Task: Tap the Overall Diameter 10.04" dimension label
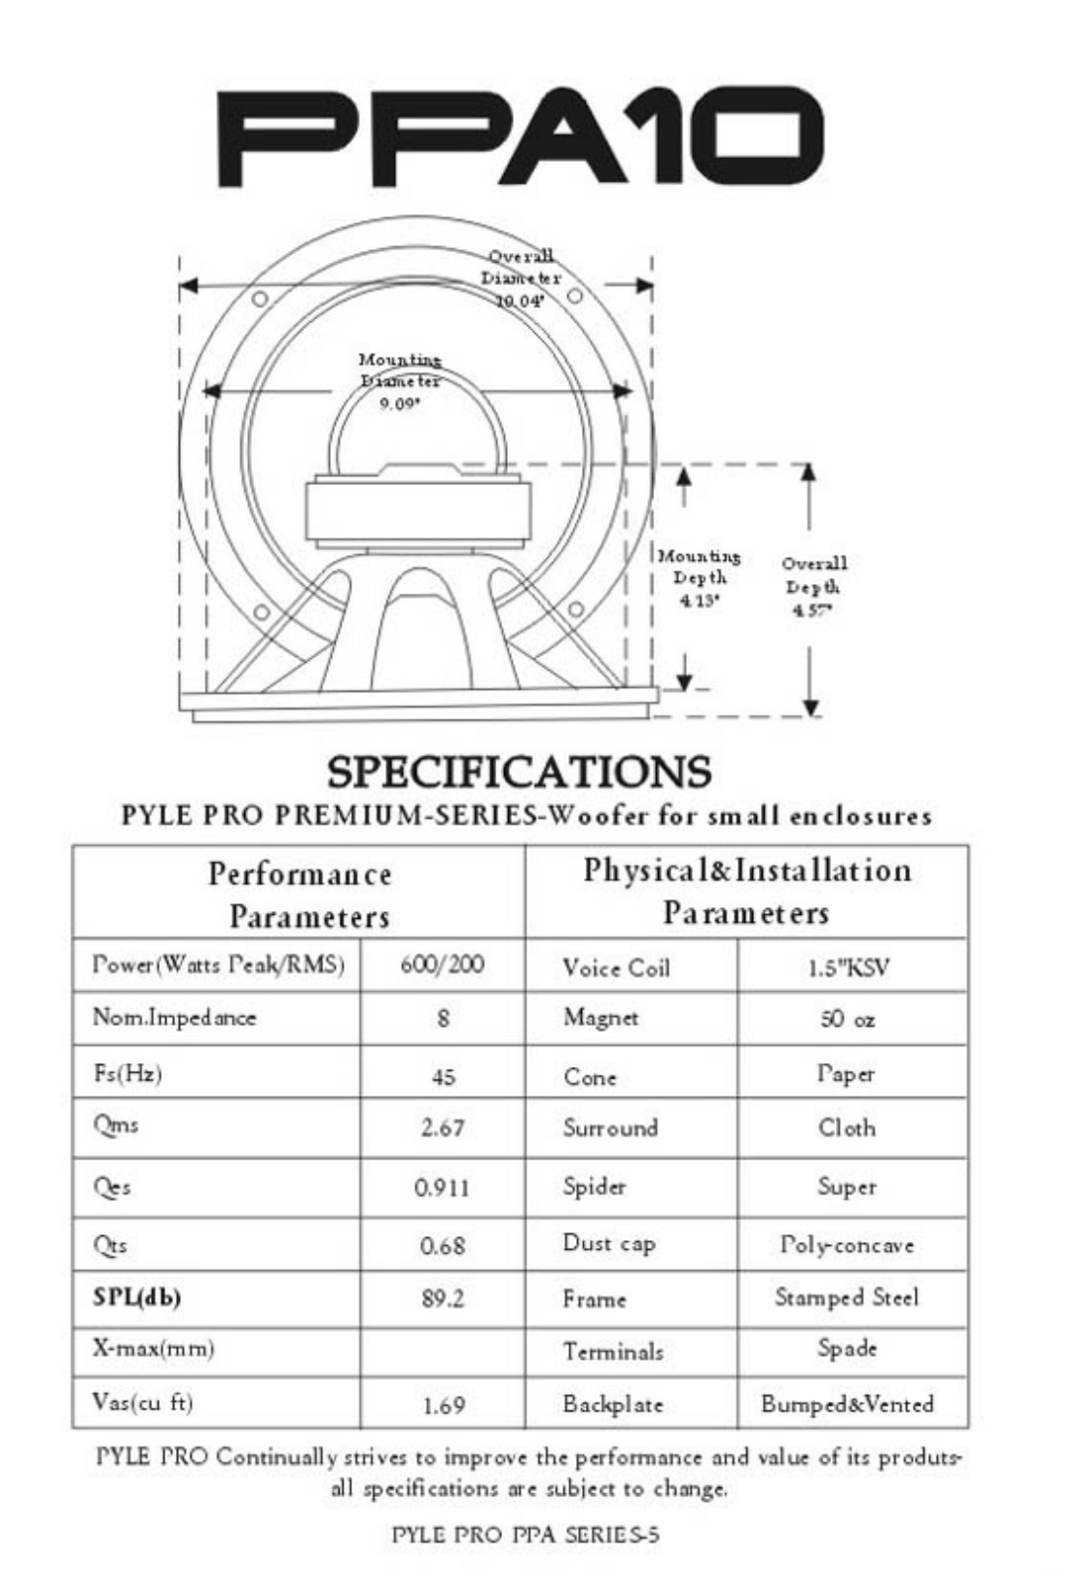pos(521,278)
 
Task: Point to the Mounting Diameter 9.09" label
pos(399,381)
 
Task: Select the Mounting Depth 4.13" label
pos(699,578)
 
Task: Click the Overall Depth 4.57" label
pos(814,586)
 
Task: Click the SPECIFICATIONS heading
pos(519,772)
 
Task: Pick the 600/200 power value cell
pos(442,965)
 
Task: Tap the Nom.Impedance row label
pos(174,1017)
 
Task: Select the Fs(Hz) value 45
pos(443,1077)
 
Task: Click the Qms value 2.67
pos(443,1128)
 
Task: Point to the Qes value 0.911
pos(442,1188)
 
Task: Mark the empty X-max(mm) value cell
pos(442,1350)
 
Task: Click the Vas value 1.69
pos(443,1406)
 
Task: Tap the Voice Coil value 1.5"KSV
pos(849,968)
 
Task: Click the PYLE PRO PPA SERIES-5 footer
pos(525,1535)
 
